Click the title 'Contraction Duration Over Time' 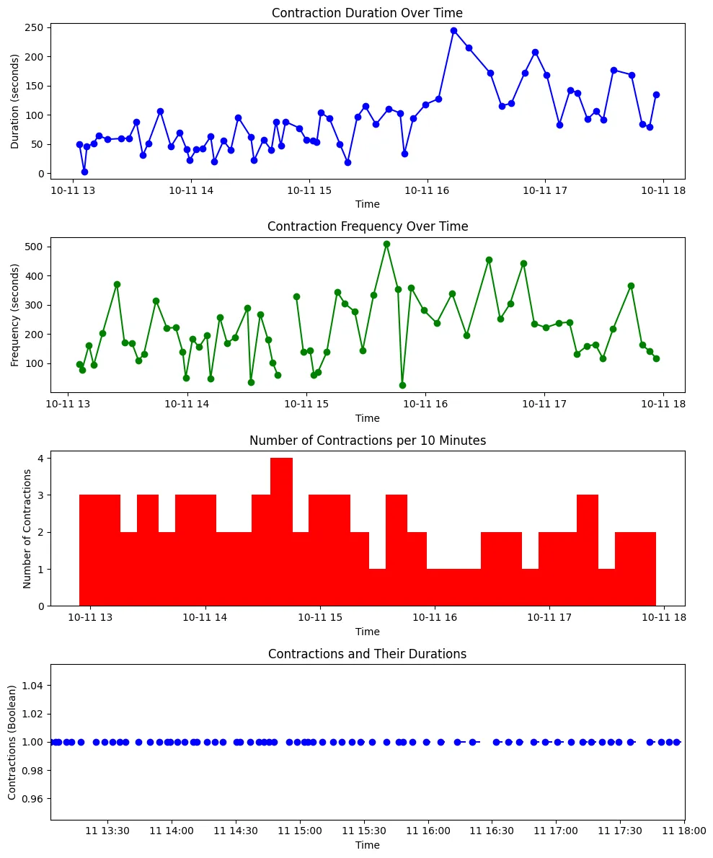click(367, 12)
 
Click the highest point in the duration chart click(453, 30)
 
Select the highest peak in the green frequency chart click(387, 244)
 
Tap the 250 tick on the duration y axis click(35, 27)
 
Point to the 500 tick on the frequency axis click(34, 247)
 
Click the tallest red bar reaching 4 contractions click(281, 531)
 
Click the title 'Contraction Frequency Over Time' click(368, 226)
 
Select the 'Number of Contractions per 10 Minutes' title click(368, 441)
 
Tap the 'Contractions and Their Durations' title click(367, 654)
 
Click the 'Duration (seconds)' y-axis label click(14, 101)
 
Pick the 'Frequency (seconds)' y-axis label click(14, 315)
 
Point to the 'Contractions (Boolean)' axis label click(12, 743)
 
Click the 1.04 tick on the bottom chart click(32, 686)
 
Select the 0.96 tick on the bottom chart click(32, 799)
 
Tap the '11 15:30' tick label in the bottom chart click(364, 831)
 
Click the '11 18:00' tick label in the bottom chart click(684, 831)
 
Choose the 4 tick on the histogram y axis click(40, 458)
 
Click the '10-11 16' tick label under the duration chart click(427, 190)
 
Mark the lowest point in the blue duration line click(85, 172)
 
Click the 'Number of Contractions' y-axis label click(27, 529)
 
